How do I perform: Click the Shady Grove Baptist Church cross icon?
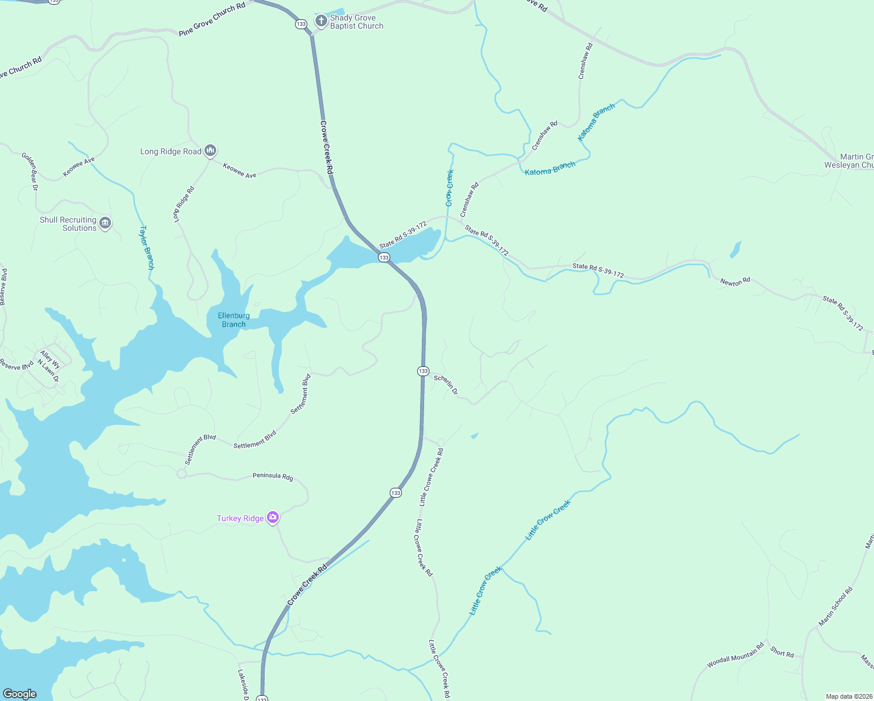(x=321, y=21)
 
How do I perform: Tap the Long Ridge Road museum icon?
(x=211, y=151)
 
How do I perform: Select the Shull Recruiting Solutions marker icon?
(x=105, y=223)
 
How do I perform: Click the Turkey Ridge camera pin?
(x=272, y=518)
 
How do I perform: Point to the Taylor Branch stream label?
(x=147, y=247)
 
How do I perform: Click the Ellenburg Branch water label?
(x=234, y=320)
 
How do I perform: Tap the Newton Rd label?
(x=735, y=282)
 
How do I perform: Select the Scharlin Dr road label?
(x=446, y=385)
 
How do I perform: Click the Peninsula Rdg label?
(x=273, y=476)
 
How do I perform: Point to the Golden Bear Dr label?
(x=30, y=172)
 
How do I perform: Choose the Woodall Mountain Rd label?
(x=735, y=655)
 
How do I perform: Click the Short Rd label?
(x=782, y=652)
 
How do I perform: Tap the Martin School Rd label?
(x=835, y=606)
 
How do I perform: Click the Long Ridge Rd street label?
(x=183, y=204)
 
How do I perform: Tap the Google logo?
(x=20, y=693)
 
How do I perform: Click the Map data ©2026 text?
(x=848, y=696)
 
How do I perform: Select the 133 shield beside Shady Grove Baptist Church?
(x=301, y=24)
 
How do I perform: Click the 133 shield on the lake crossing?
(x=384, y=258)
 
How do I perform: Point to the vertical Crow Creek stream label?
(x=449, y=188)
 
